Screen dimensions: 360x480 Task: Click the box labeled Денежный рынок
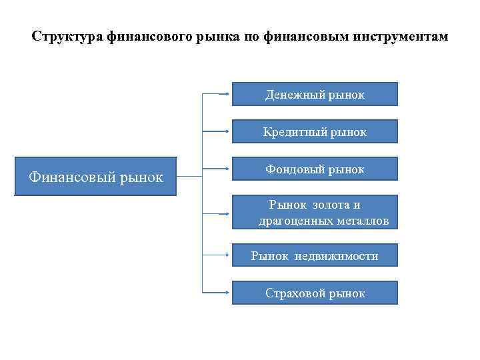tap(315, 95)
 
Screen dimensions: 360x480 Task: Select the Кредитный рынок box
tap(315, 132)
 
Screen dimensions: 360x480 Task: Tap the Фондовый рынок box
tap(315, 169)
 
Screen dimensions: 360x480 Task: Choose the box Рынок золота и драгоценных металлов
tap(315, 213)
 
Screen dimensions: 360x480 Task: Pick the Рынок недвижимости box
tap(315, 255)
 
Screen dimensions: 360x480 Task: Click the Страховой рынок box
tap(315, 293)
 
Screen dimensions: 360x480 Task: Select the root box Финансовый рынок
tap(96, 177)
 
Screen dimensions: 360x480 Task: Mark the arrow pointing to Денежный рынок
tap(216, 94)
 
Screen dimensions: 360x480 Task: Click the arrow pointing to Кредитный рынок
tap(216, 131)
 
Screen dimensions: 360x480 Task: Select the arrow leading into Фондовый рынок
tap(216, 169)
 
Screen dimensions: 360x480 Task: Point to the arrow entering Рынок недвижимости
tap(216, 255)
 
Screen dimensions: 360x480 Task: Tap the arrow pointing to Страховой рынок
tap(216, 293)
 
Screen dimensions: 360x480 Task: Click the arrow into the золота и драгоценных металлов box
tap(216, 213)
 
